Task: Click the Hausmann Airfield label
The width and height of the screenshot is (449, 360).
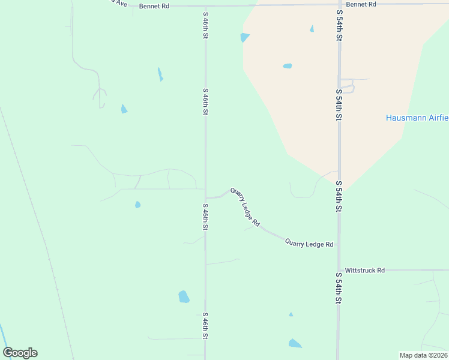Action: pos(417,118)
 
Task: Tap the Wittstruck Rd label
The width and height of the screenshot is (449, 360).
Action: pos(364,271)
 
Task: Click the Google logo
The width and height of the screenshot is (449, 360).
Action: pos(20,353)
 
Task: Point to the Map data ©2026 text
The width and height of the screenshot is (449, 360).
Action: pos(423,355)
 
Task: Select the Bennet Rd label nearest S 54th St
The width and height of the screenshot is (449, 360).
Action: pos(361,4)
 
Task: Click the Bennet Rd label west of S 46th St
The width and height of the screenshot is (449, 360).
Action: pos(154,6)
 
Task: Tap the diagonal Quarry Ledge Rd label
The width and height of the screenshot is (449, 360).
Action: pos(245,207)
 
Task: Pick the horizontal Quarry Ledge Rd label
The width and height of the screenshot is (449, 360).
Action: pos(309,244)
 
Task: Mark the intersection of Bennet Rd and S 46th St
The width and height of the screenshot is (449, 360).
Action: pos(205,6)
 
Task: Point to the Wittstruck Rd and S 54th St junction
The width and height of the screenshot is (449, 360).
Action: pos(339,270)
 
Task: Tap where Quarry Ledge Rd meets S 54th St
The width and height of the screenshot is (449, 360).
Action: pos(339,245)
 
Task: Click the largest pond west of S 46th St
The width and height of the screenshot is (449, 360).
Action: pos(184,296)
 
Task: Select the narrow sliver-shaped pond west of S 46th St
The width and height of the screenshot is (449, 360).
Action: pos(160,74)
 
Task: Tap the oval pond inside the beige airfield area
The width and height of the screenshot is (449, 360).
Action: pos(287,66)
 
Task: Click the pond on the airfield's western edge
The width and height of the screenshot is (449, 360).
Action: pos(244,37)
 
